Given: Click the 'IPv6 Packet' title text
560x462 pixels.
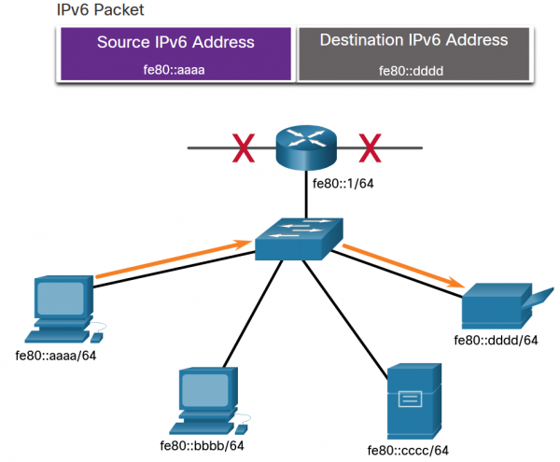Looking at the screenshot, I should click(91, 10).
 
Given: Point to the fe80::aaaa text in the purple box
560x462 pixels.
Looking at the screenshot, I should click(175, 70).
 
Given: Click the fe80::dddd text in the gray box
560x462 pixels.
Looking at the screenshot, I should click(413, 70).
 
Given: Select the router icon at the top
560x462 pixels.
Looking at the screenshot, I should click(305, 147).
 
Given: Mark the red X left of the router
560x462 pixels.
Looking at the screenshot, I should click(244, 147).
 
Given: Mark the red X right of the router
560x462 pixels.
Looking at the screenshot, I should click(371, 147).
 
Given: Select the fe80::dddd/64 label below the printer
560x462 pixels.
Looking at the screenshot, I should click(497, 340).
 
